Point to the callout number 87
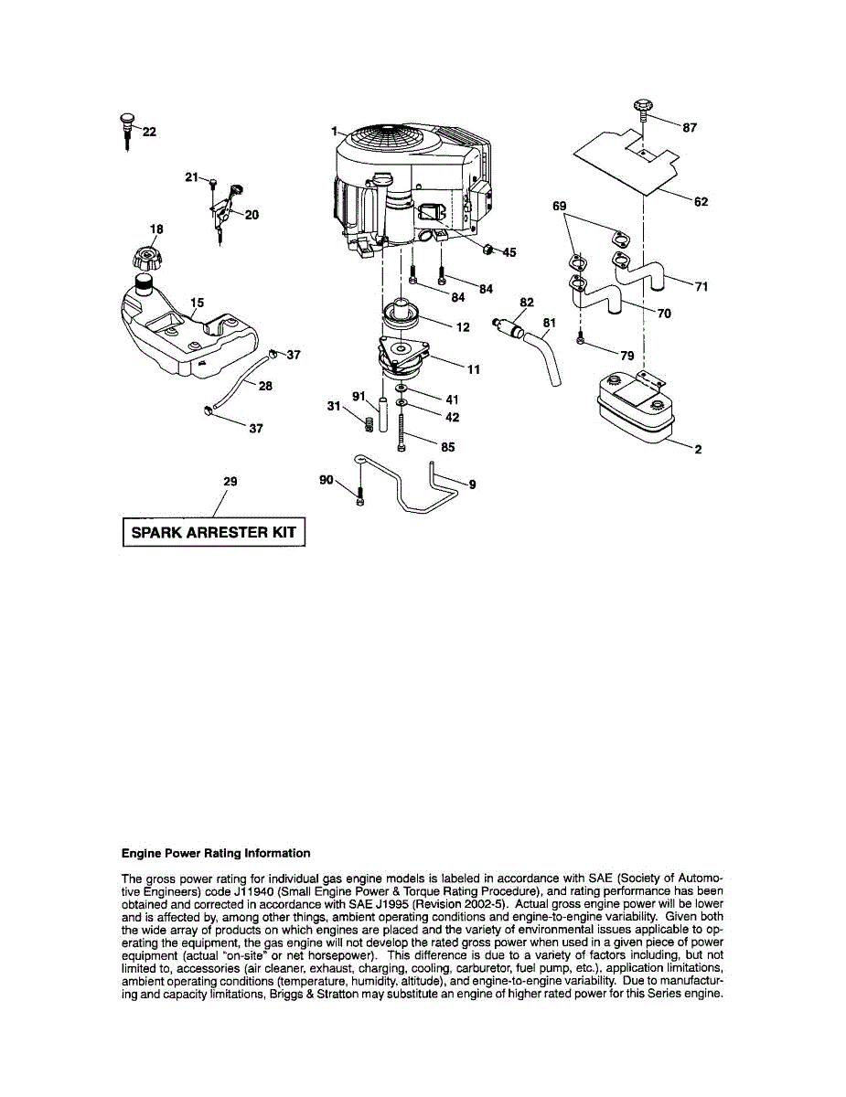click(x=690, y=129)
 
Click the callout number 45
click(x=509, y=253)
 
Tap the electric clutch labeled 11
click(x=403, y=359)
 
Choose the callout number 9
click(x=472, y=485)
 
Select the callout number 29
click(x=230, y=481)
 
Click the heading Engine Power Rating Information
click(x=216, y=853)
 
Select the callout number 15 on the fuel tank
click(x=198, y=302)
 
